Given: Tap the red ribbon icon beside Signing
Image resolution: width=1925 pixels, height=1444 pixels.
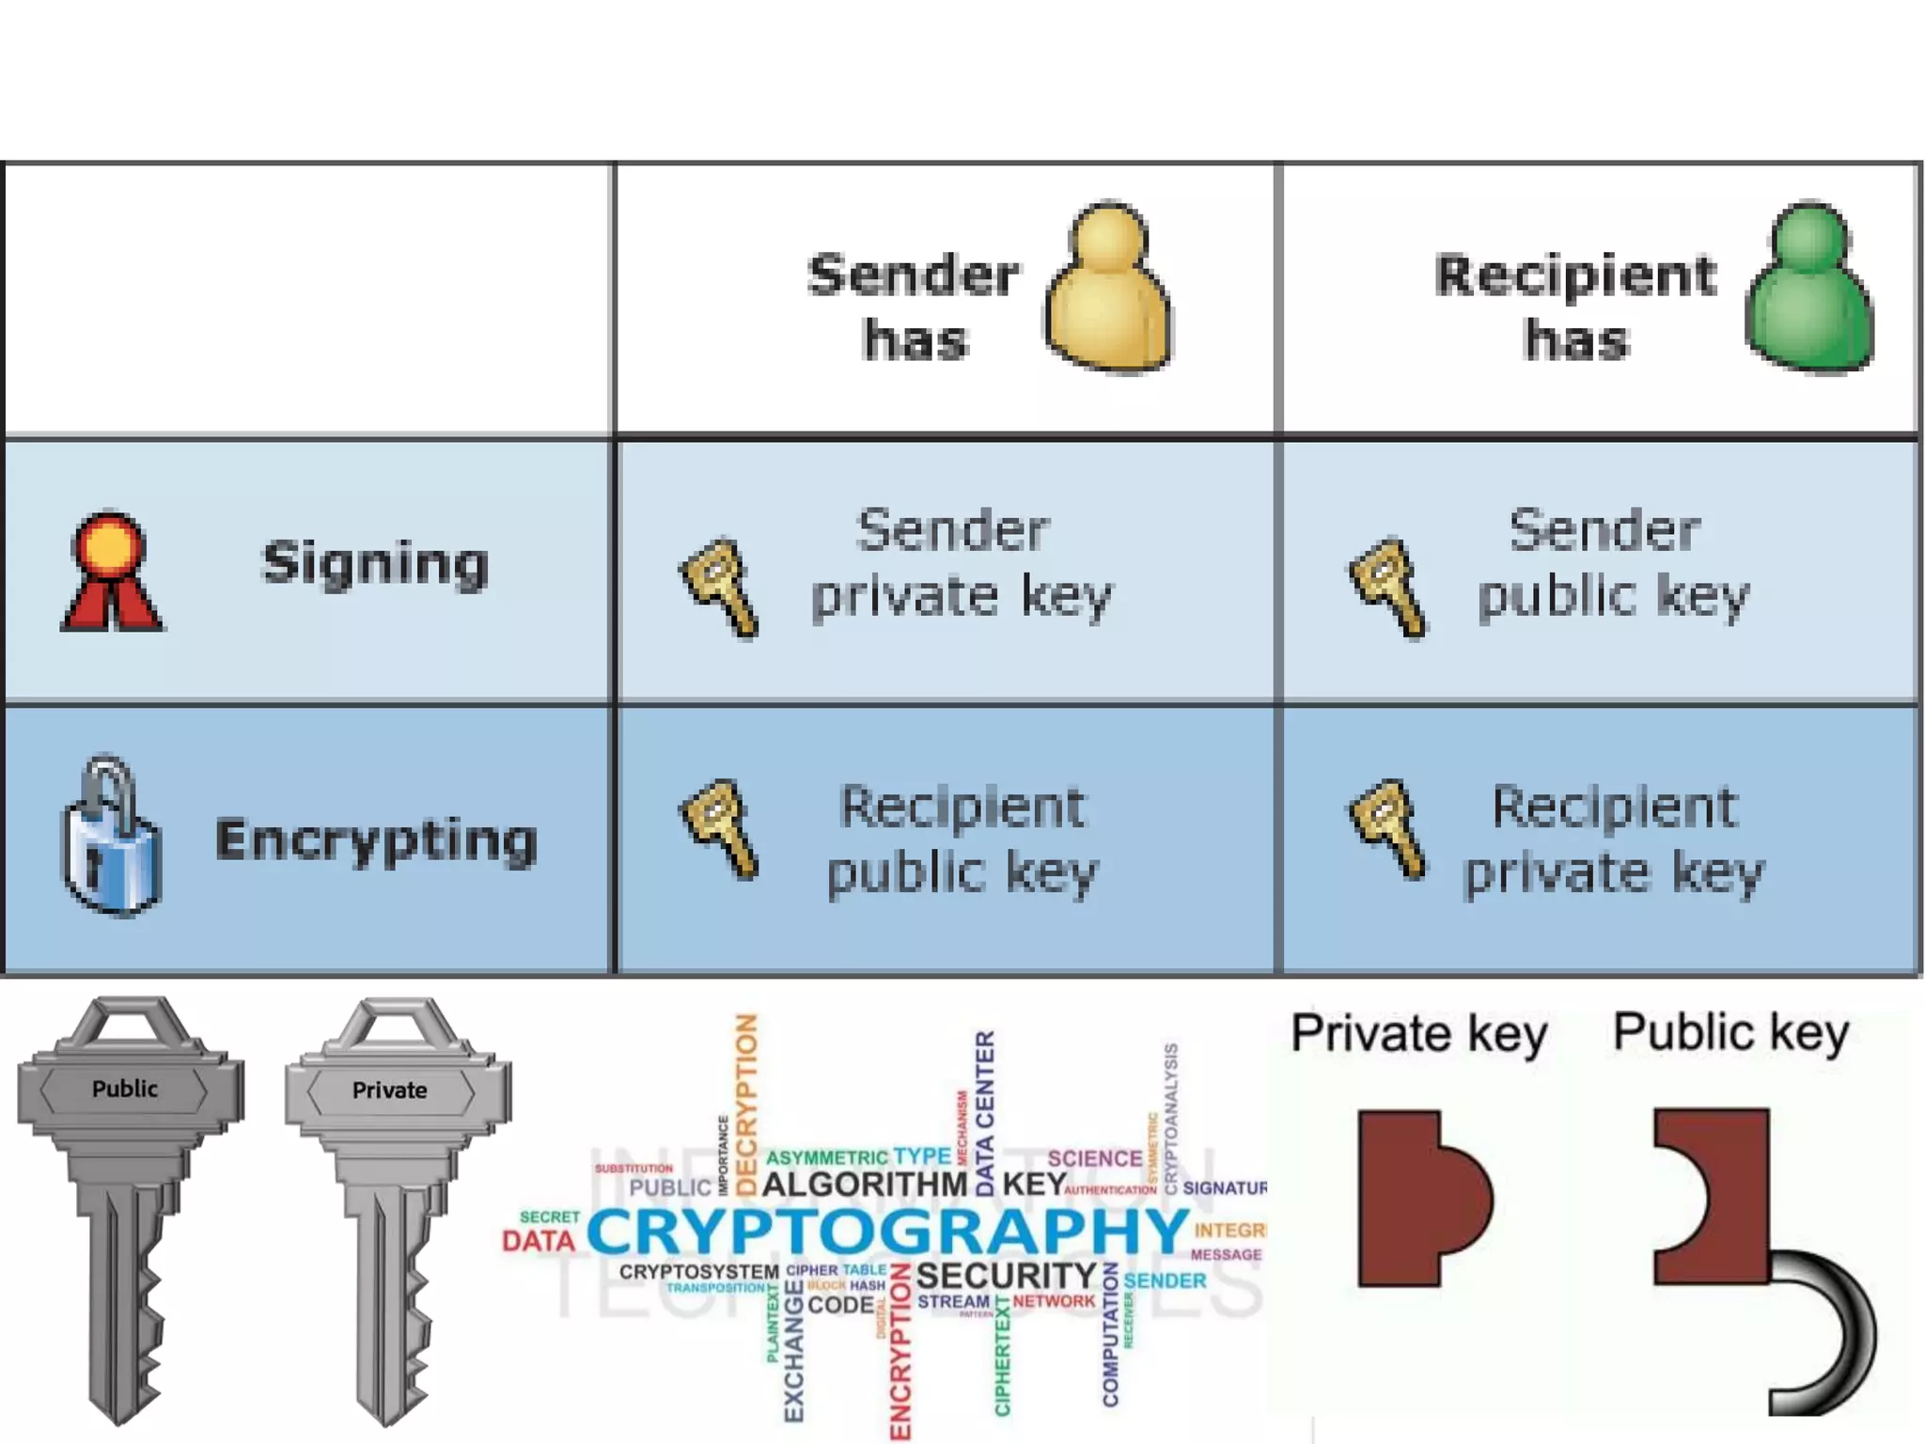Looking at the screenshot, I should (x=111, y=571).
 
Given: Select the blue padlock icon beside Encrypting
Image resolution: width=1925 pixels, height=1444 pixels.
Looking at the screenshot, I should (x=111, y=839).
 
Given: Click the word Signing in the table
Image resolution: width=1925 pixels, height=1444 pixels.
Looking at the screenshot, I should (x=375, y=563).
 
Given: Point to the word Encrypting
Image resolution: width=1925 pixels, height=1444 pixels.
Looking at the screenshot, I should (x=376, y=840).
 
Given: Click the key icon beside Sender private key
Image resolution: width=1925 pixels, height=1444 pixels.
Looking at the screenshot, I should (x=719, y=587).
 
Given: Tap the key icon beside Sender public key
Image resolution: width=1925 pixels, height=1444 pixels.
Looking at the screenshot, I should (x=1388, y=587).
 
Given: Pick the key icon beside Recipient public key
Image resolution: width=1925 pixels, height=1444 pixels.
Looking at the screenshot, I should (x=719, y=827).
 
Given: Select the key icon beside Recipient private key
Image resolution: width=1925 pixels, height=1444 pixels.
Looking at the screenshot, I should (x=1388, y=827).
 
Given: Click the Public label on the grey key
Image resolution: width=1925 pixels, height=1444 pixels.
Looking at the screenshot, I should (x=125, y=1089).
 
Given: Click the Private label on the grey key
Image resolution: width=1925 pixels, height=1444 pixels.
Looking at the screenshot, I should (x=389, y=1090).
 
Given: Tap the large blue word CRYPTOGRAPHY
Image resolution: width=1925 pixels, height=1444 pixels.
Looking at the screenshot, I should (x=887, y=1231).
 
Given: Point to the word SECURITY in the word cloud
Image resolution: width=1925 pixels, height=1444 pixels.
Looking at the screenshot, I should (x=1006, y=1276).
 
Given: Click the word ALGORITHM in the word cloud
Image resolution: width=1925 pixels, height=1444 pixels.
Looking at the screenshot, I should (x=864, y=1184).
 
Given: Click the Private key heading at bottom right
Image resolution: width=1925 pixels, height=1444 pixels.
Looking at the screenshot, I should (x=1418, y=1034).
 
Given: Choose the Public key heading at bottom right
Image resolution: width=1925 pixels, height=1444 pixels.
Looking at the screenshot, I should (x=1731, y=1032).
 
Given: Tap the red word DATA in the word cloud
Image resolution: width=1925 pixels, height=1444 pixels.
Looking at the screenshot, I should (x=538, y=1241).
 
